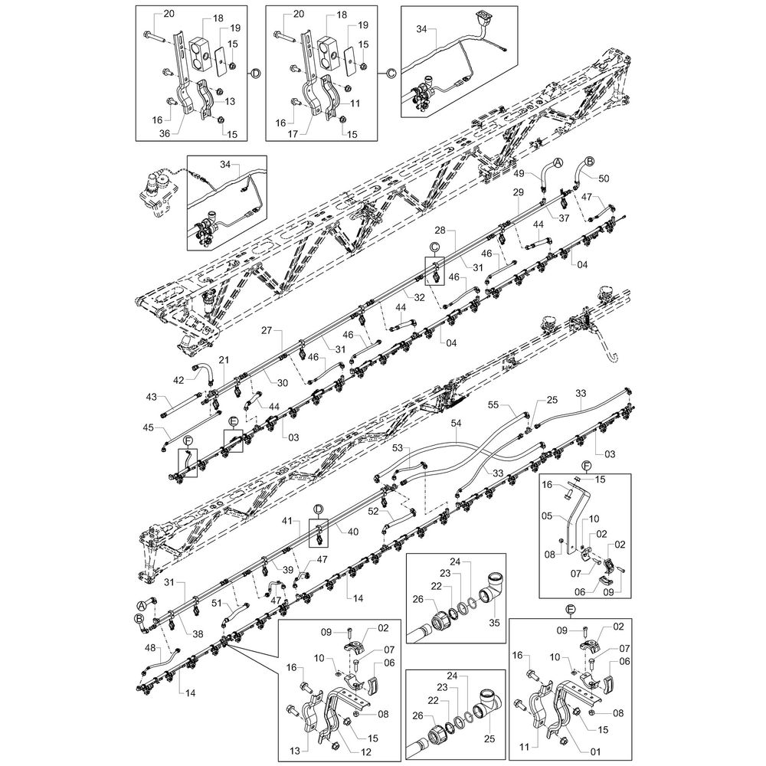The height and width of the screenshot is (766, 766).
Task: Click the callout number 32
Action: [419, 296]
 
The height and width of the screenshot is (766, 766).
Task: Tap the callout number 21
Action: [224, 361]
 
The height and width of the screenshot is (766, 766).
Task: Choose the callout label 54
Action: [456, 423]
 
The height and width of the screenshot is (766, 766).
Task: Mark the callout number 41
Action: [287, 521]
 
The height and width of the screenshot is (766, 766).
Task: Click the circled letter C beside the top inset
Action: [390, 73]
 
